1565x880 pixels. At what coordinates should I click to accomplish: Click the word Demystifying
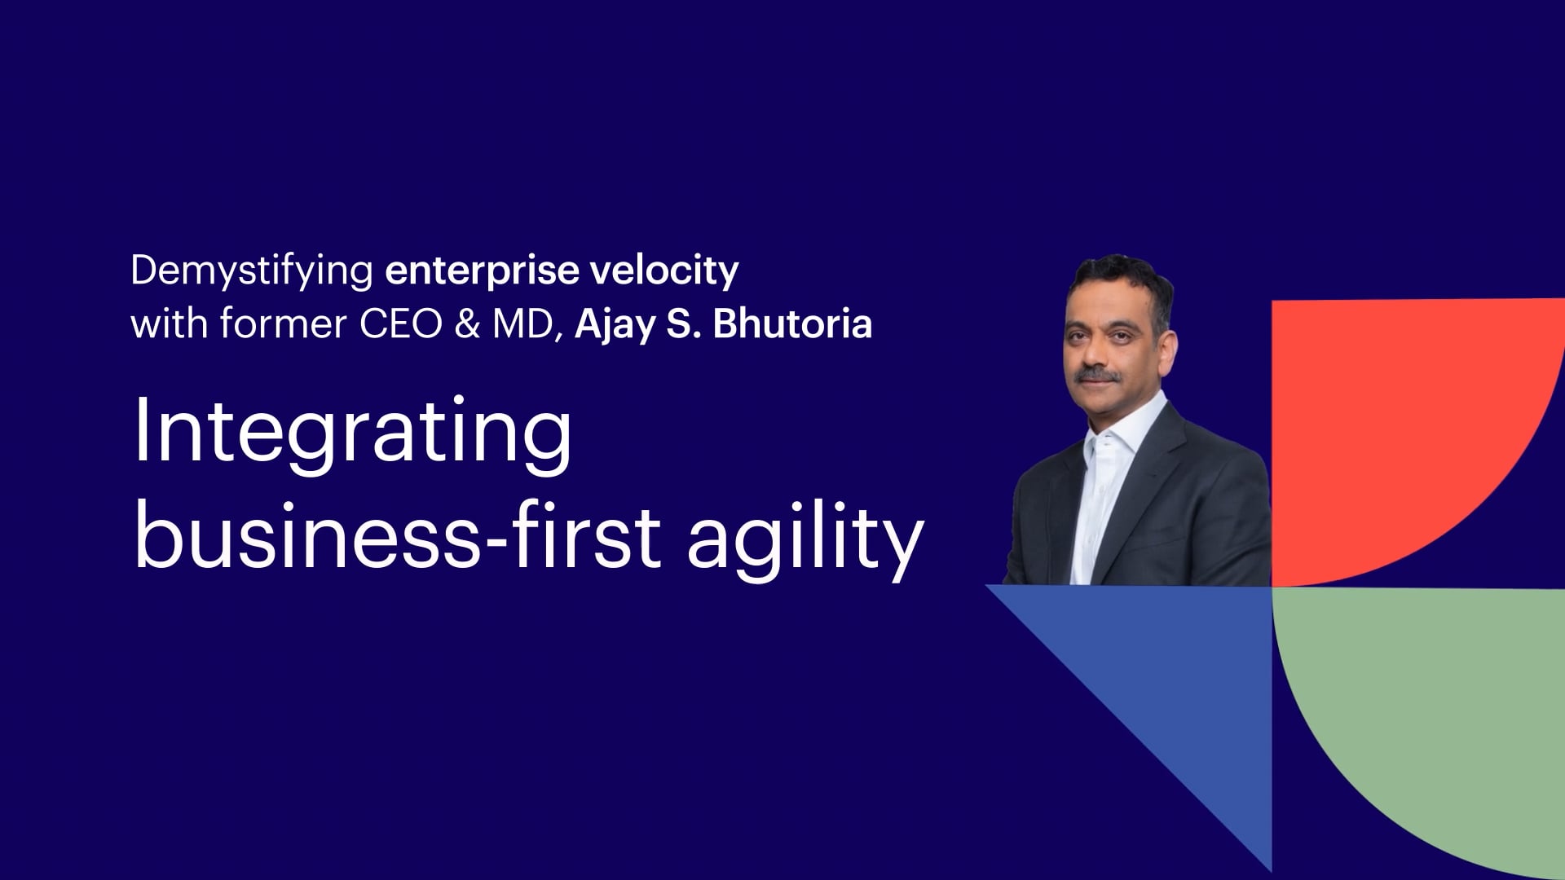click(252, 271)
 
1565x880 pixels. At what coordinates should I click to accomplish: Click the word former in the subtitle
click(283, 323)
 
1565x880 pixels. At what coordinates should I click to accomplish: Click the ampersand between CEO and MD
click(467, 324)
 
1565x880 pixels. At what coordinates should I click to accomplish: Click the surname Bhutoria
click(792, 323)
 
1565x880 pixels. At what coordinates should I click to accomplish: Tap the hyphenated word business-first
click(397, 534)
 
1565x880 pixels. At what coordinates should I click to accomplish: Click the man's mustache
click(1096, 376)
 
